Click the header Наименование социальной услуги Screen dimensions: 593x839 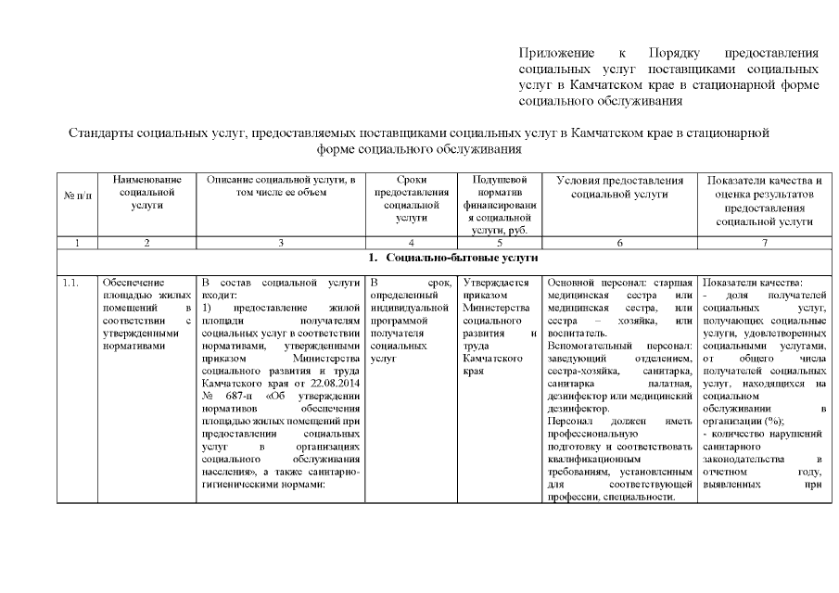tap(146, 192)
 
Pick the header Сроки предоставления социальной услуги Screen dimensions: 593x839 tap(411, 198)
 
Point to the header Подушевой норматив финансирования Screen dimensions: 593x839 tap(499, 205)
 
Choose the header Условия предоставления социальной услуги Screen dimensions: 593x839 tap(619, 186)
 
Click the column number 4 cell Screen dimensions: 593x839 tap(411, 242)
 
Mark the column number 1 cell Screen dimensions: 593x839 tap(75, 242)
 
